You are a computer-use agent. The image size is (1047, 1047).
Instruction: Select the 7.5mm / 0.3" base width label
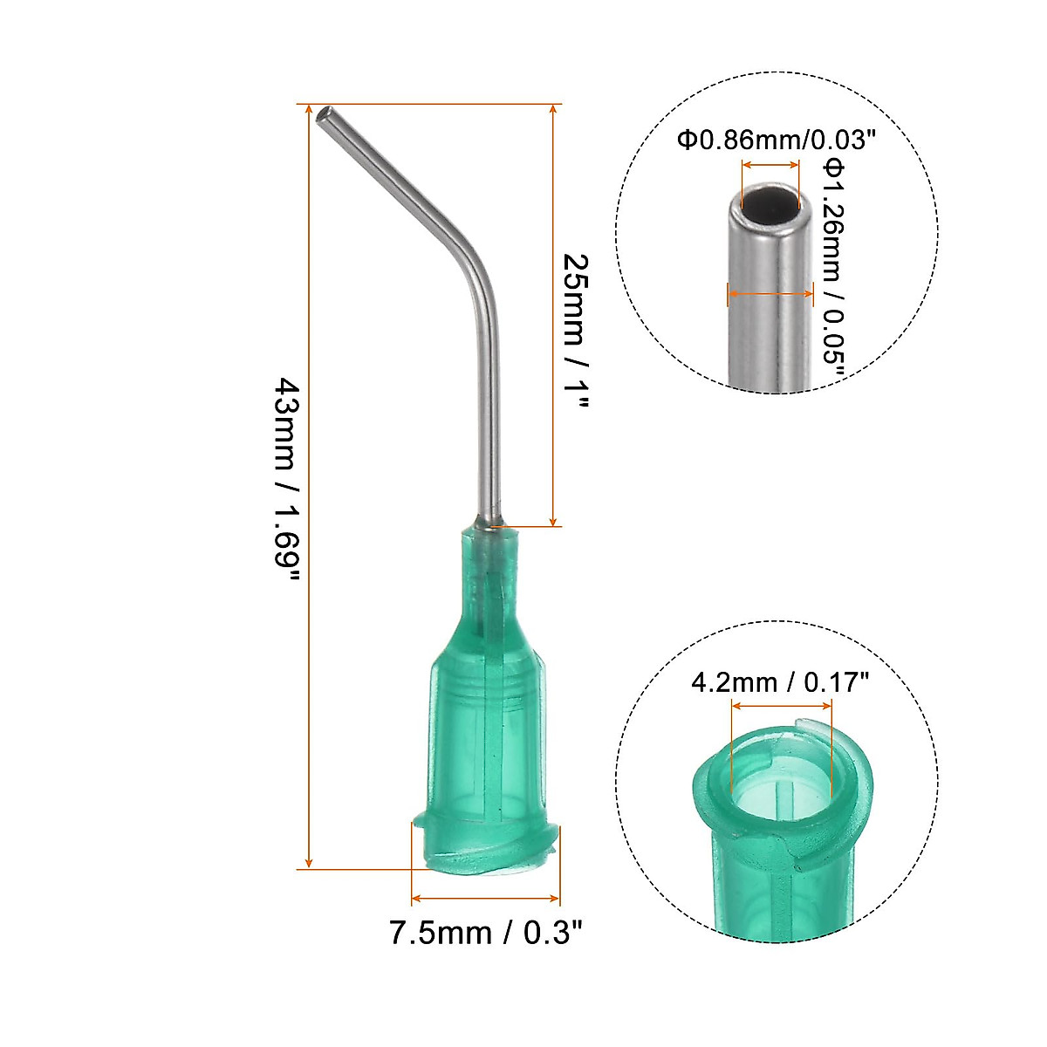[x=485, y=933]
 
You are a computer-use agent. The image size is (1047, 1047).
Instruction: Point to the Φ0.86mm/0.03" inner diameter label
[x=776, y=140]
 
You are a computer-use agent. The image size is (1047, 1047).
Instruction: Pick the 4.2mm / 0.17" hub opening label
[x=780, y=681]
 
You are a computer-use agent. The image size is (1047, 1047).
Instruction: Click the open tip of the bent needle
[x=325, y=114]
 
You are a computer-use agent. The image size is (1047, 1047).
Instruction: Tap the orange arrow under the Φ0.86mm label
[x=770, y=165]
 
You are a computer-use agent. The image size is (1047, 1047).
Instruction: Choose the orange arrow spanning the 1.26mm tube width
[x=770, y=294]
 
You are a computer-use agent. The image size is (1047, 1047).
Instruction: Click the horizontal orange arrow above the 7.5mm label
[x=485, y=897]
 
